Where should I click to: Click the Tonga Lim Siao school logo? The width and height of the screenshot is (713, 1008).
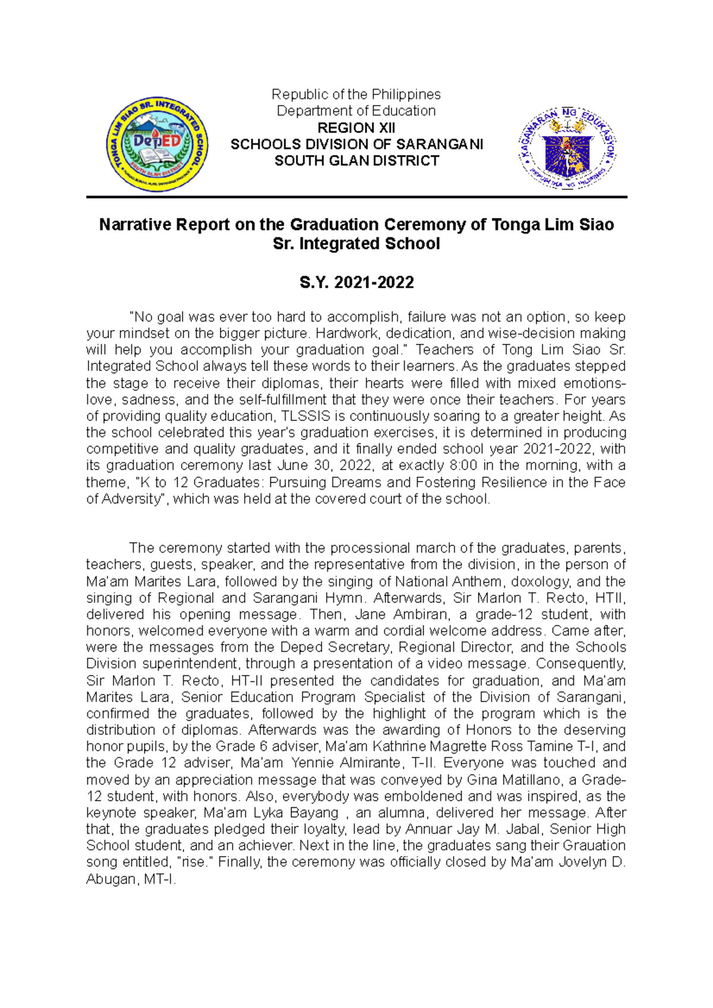click(157, 144)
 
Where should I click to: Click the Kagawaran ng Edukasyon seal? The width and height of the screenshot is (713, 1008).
click(567, 148)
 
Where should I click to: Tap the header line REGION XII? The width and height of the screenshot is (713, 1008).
click(356, 128)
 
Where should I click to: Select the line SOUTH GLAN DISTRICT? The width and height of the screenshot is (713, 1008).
click(356, 161)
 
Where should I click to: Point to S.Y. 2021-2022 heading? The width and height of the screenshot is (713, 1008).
click(356, 283)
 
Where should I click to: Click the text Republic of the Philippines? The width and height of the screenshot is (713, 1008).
click(356, 94)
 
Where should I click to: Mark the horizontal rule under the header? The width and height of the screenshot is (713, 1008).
click(356, 196)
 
